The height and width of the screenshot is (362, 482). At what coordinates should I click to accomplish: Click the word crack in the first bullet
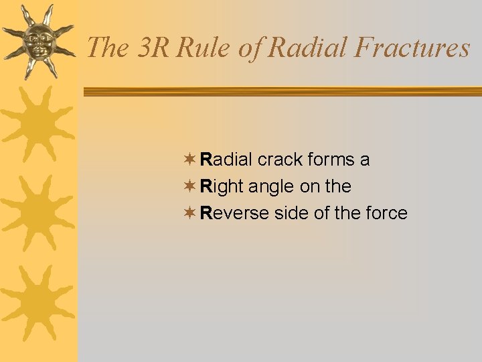(x=280, y=160)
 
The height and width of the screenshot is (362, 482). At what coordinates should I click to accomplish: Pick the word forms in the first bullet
(x=331, y=160)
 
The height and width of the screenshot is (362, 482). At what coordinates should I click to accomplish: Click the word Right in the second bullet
(x=222, y=186)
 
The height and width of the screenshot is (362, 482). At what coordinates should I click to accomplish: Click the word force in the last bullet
(x=386, y=213)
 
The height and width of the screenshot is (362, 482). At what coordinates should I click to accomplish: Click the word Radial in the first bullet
(x=227, y=160)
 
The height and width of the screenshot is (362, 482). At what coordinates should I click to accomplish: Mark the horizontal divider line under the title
(x=281, y=93)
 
